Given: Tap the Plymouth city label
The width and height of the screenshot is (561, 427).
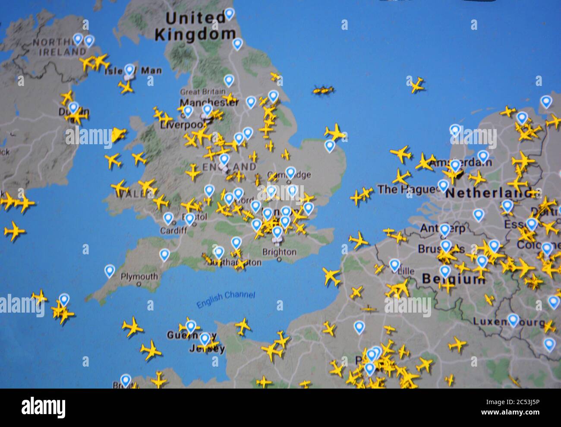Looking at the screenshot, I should (x=139, y=277).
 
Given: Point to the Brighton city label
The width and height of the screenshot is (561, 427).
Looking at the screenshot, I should (x=279, y=252).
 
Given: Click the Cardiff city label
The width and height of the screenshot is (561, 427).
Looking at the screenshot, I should (x=173, y=231).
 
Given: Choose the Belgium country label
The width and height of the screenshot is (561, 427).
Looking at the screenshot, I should (x=453, y=279).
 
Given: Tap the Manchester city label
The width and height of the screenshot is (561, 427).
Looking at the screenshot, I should (x=209, y=103).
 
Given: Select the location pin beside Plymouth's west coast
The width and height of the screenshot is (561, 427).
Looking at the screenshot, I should (x=110, y=271).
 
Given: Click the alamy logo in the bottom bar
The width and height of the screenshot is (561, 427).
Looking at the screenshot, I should (x=43, y=407).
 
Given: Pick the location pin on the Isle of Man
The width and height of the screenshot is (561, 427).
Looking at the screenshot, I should (x=129, y=70).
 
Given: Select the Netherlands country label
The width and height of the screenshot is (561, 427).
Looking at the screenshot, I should (x=488, y=193).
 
